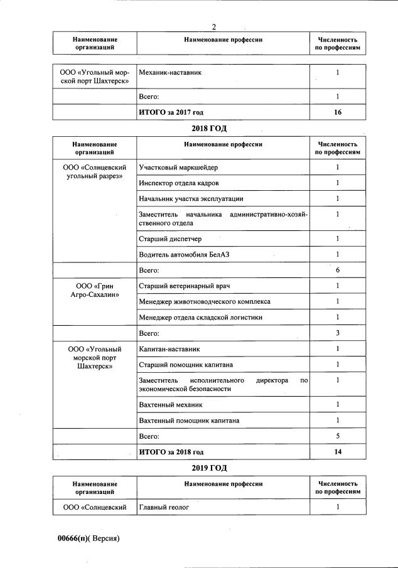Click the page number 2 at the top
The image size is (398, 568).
tap(214, 27)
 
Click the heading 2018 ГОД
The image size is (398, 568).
tap(208, 129)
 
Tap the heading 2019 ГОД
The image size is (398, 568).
tap(208, 468)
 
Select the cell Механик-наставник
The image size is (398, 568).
tap(170, 73)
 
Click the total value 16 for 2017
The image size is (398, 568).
tap(338, 112)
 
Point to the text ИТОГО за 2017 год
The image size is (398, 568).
tap(171, 112)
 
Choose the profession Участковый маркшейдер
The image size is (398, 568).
tap(179, 168)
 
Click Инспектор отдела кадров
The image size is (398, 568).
tap(179, 183)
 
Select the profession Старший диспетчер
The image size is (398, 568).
tap(170, 238)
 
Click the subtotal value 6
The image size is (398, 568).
tap(338, 270)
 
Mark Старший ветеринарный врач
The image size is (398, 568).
tap(185, 286)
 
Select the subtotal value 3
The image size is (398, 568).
tap(338, 333)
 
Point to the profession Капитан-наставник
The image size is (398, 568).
tap(169, 348)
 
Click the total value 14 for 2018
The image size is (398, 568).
tap(338, 451)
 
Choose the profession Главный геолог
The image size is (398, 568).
tap(164, 506)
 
